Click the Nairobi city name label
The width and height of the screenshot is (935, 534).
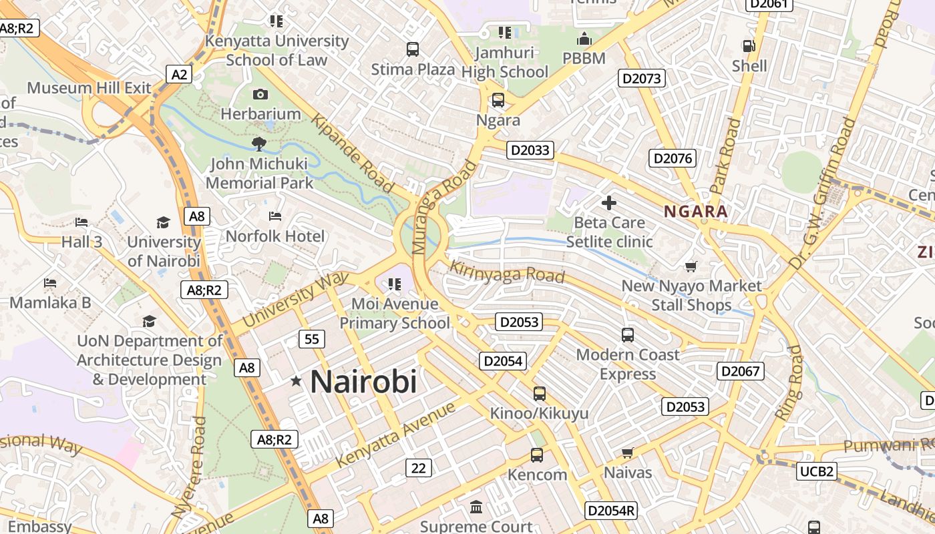point(363,382)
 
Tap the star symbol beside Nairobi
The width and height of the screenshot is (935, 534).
point(296,381)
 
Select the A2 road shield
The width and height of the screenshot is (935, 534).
point(179,74)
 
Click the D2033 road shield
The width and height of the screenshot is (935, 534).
point(530,150)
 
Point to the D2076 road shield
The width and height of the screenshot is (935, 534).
point(673,158)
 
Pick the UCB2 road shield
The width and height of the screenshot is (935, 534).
point(817,472)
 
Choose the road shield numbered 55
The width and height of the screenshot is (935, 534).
point(311,339)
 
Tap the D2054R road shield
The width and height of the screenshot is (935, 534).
point(611,511)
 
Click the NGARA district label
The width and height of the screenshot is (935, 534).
point(695,212)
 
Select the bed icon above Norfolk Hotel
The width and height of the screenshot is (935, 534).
point(274,216)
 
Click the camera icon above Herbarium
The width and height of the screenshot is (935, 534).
point(260,95)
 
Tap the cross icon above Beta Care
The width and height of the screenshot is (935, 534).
point(609,202)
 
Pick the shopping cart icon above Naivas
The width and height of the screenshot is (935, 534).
point(627,453)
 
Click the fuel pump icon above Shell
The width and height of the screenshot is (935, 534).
point(749,46)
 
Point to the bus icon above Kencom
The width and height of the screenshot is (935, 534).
point(536,455)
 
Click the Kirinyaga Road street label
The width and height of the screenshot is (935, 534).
point(507,272)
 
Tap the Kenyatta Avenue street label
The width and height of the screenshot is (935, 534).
point(395,434)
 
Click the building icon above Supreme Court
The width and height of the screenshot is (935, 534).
point(476,507)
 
